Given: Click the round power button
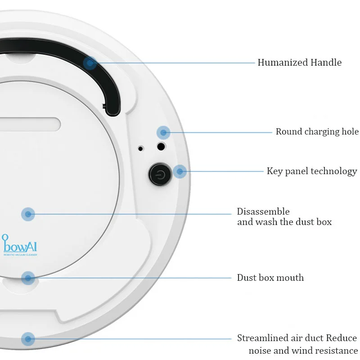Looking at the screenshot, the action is click(x=160, y=173).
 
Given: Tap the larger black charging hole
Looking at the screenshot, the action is click(x=160, y=146).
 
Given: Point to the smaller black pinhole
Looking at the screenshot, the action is click(x=141, y=148).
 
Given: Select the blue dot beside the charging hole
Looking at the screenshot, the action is click(x=163, y=132).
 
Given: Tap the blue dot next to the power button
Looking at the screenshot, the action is click(x=180, y=171).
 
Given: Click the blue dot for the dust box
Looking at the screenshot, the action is click(x=28, y=214).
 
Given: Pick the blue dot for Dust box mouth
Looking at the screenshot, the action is click(x=28, y=278).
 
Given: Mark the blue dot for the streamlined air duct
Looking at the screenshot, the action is click(x=28, y=338).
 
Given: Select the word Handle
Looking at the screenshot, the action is click(x=326, y=63).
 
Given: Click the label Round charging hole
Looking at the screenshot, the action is click(x=317, y=132).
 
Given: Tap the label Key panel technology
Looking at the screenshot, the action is click(x=312, y=171).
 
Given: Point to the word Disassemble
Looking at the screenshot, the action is click(x=263, y=211).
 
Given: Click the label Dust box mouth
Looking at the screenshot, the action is click(x=270, y=278).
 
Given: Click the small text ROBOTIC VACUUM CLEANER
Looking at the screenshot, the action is click(x=20, y=255).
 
